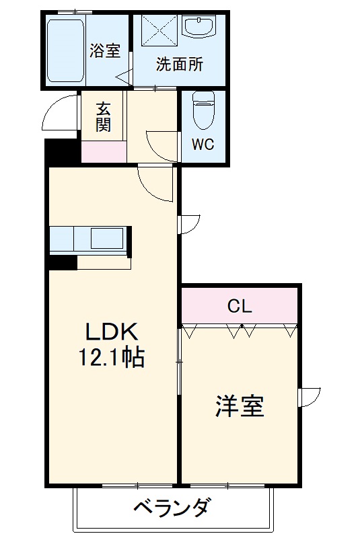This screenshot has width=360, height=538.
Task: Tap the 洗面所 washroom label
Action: (179, 65)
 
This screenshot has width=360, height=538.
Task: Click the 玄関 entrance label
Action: (103, 116)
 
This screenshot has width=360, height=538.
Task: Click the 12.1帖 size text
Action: (113, 357)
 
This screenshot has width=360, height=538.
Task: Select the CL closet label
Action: (239, 307)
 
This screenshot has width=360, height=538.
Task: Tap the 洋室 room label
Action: (239, 406)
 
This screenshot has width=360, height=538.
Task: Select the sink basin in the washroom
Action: (199, 28)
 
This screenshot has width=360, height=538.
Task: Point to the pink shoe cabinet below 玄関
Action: (103, 152)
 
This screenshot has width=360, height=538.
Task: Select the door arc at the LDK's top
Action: (156, 182)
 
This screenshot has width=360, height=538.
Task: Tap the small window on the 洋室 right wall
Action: (310, 397)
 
